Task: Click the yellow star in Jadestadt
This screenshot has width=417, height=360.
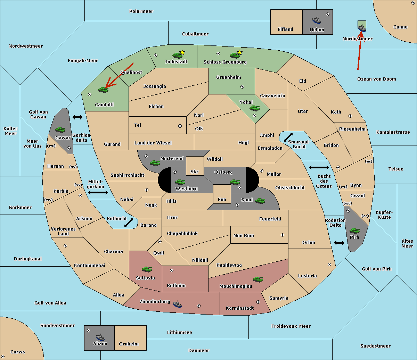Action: (x=182, y=52)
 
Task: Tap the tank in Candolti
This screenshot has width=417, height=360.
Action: (x=103, y=90)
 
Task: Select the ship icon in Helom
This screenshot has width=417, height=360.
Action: (x=317, y=20)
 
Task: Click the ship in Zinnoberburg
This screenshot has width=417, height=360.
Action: (x=177, y=304)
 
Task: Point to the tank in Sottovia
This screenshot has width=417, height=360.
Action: (x=147, y=269)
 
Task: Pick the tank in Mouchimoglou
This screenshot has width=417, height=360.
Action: (x=258, y=279)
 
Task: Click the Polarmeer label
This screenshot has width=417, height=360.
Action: (x=141, y=11)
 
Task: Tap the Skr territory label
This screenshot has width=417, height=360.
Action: (x=195, y=171)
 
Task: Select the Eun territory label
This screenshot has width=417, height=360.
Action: (x=222, y=199)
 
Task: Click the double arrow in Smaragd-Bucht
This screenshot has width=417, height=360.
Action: (x=288, y=137)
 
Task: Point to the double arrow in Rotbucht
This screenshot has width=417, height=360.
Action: (x=129, y=223)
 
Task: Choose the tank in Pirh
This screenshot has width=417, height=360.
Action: (x=354, y=231)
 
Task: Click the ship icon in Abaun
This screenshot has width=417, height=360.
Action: (x=100, y=337)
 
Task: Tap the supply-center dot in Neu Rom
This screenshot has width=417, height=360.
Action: (x=283, y=235)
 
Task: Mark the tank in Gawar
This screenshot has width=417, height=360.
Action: (x=60, y=129)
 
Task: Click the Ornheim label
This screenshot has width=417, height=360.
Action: (x=129, y=344)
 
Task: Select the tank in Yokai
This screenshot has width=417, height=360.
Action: (x=255, y=108)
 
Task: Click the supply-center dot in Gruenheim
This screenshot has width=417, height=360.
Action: (x=242, y=87)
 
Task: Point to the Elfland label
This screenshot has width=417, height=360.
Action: (x=285, y=29)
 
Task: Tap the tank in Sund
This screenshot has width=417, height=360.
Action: (x=260, y=201)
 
